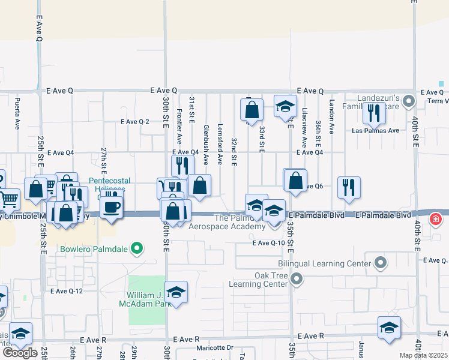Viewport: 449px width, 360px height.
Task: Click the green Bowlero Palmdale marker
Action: coord(137,248)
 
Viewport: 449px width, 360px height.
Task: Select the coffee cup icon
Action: coord(112,208)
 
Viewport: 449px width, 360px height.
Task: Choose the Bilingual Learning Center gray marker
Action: coord(380,263)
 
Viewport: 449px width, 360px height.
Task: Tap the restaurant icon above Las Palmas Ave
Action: coord(374,112)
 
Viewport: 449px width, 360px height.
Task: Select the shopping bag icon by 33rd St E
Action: coord(252,110)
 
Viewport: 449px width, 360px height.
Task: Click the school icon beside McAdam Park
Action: coord(176,292)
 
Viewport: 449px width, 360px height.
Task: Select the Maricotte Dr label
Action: coord(214,347)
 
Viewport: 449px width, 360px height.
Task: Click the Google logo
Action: coord(20,353)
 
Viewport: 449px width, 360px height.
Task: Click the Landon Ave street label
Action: coord(331,116)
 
